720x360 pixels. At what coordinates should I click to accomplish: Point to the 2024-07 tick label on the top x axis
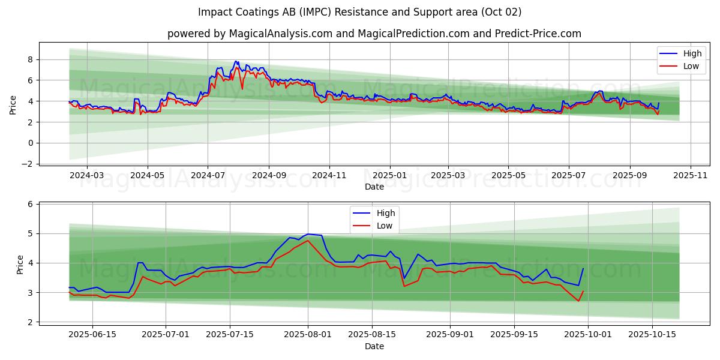(208, 176)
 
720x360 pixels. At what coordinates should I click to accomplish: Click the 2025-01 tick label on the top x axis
(389, 176)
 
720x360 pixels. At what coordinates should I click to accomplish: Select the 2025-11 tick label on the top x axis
(691, 176)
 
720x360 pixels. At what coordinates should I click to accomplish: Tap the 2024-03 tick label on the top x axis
(86, 176)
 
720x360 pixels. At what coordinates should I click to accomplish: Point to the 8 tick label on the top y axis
(30, 59)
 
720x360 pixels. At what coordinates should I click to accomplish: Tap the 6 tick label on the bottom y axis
(30, 204)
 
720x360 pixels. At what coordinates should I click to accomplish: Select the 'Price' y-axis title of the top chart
(13, 104)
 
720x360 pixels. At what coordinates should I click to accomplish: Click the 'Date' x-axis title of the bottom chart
(374, 346)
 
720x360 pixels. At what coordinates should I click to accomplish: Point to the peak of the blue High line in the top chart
(236, 61)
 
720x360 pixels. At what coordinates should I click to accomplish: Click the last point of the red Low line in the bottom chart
(583, 292)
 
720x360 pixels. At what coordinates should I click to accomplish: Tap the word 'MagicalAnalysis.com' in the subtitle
(281, 34)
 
